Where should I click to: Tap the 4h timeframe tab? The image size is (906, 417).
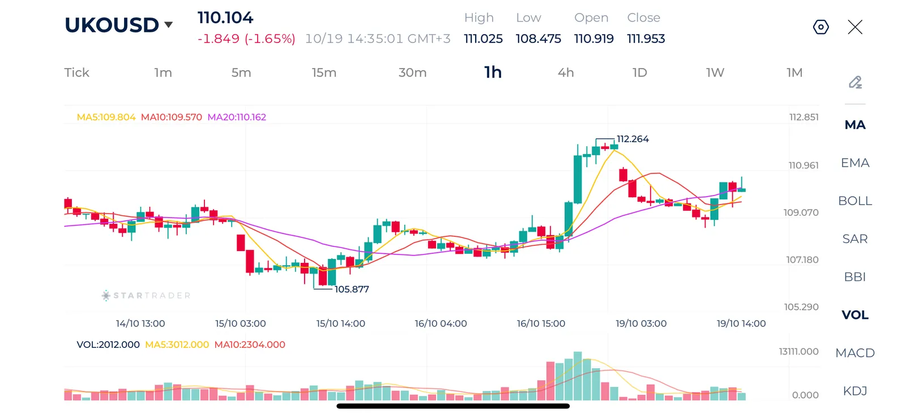click(566, 73)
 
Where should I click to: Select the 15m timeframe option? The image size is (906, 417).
click(324, 73)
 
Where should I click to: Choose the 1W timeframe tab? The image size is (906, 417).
click(715, 73)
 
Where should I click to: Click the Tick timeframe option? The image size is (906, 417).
click(76, 73)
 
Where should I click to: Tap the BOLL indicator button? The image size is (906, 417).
click(854, 201)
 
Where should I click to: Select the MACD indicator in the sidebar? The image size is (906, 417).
click(854, 353)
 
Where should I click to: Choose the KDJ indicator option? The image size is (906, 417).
click(854, 391)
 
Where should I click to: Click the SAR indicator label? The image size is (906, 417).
click(854, 239)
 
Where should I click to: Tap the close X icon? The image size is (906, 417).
click(855, 27)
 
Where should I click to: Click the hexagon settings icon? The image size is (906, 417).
click(820, 27)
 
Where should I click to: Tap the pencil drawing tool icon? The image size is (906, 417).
click(855, 82)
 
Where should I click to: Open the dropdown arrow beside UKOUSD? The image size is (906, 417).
click(169, 25)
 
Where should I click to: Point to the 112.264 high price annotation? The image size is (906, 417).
click(633, 139)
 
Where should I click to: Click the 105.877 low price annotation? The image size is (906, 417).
click(352, 289)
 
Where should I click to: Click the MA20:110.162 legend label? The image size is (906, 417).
click(237, 117)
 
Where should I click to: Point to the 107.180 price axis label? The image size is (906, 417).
click(802, 259)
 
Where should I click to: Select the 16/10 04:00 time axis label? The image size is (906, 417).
click(441, 324)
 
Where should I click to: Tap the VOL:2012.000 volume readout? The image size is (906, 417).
click(108, 344)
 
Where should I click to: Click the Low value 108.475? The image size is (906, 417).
click(538, 39)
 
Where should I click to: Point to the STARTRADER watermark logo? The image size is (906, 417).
click(146, 296)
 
